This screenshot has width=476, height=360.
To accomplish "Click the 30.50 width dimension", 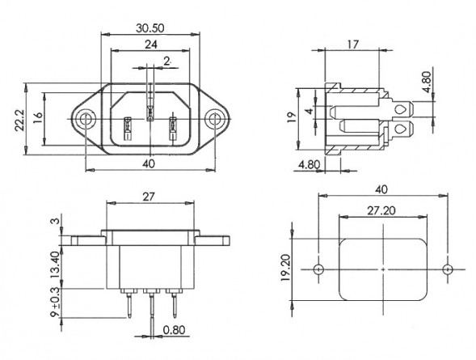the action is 150,28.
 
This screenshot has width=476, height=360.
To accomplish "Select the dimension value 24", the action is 151,44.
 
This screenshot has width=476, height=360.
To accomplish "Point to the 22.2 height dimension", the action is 20,121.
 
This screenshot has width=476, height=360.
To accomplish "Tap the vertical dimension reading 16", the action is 38,117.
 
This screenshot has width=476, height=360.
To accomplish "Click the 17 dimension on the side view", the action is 353,44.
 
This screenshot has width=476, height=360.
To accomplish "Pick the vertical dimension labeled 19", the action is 291,117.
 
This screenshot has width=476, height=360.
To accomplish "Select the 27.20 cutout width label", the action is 381,210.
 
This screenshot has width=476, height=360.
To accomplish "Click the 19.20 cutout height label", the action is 286,268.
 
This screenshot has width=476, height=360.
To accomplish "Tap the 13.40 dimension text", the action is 55,265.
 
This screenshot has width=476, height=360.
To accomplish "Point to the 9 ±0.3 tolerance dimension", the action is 55,303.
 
